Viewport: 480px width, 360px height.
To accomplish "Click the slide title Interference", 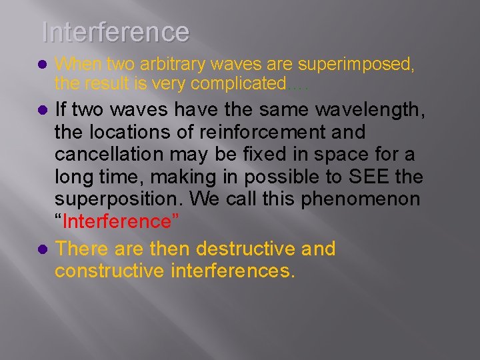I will coord(115,31).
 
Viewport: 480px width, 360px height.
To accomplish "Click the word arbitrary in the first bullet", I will coord(168,65).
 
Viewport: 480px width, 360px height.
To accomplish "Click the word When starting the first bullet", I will coord(73,65).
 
